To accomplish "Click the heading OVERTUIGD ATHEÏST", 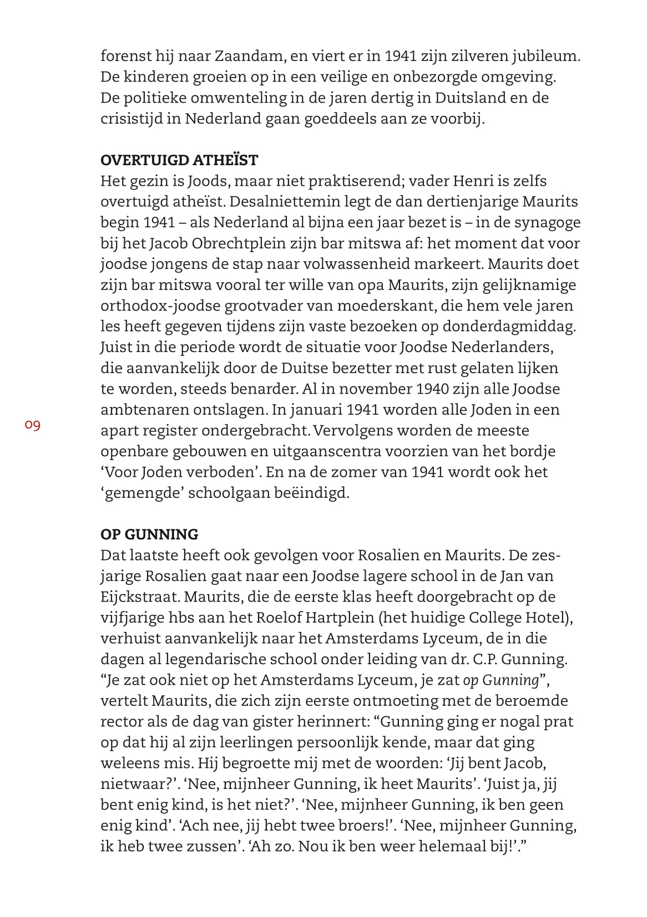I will click(179, 160).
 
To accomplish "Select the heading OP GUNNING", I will click(149, 534).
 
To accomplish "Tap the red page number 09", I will click(33, 426).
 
